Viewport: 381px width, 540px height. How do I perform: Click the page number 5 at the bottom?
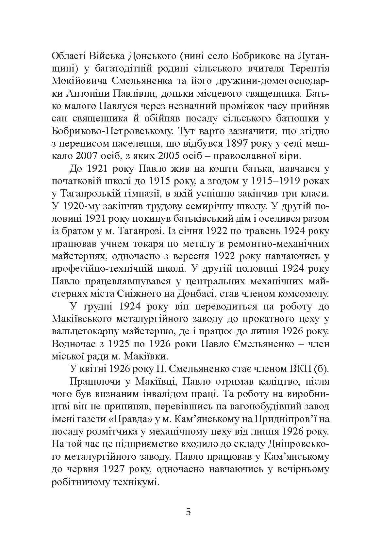[x=188, y=512]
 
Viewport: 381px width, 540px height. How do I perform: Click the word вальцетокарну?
[x=83, y=331]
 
